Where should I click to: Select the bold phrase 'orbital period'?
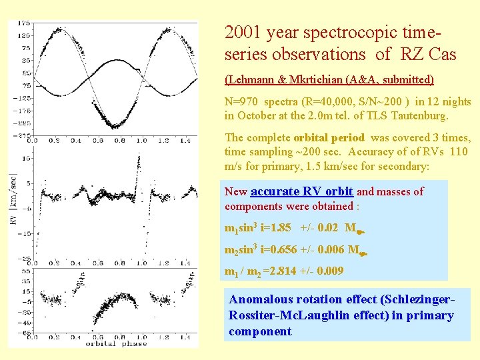pyautogui.click(x=329, y=138)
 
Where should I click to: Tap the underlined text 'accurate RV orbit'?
pyautogui.click(x=301, y=192)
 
